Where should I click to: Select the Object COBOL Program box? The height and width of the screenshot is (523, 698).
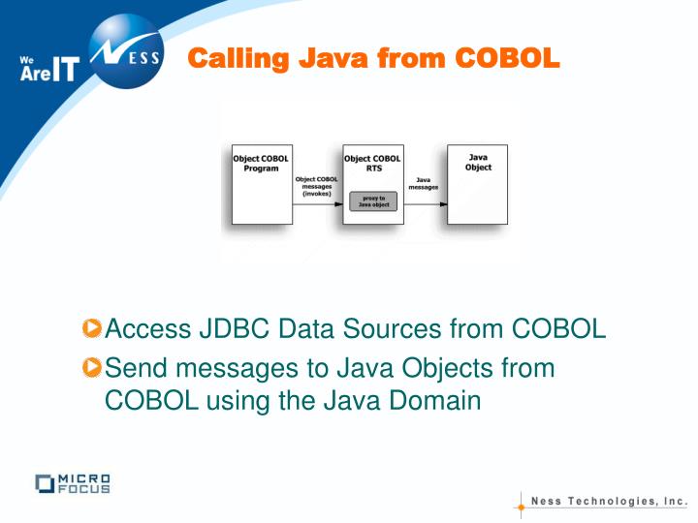pyautogui.click(x=262, y=185)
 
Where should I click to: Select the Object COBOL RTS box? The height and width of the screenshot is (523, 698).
pyautogui.click(x=373, y=174)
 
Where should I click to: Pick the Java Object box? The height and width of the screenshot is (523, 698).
pyautogui.click(x=477, y=185)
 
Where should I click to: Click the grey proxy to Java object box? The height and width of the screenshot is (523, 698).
pyautogui.click(x=373, y=202)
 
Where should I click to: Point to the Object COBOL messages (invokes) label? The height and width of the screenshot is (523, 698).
pyautogui.click(x=317, y=186)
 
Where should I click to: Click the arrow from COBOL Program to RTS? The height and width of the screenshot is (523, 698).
pyautogui.click(x=317, y=204)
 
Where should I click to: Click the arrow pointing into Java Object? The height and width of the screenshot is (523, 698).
pyautogui.click(x=426, y=204)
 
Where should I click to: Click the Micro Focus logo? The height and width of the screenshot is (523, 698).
pyautogui.click(x=72, y=483)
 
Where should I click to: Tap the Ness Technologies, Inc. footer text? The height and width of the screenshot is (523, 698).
pyautogui.click(x=610, y=502)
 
